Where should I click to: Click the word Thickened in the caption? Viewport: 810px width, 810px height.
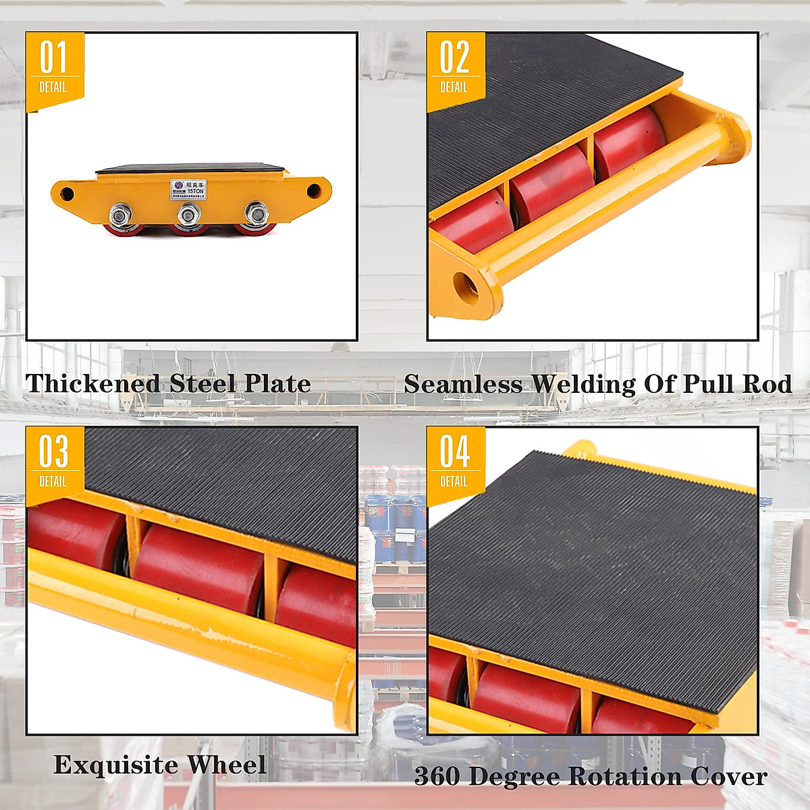pyautogui.click(x=93, y=384)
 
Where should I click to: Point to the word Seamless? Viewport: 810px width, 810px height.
pyautogui.click(x=464, y=385)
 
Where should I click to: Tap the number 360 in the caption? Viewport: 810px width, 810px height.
pyautogui.click(x=437, y=777)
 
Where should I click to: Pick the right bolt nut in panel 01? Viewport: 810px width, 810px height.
pyautogui.click(x=255, y=215)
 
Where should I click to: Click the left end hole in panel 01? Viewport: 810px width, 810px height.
pyautogui.click(x=67, y=194)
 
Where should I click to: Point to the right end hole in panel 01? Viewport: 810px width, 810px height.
pyautogui.click(x=313, y=191)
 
